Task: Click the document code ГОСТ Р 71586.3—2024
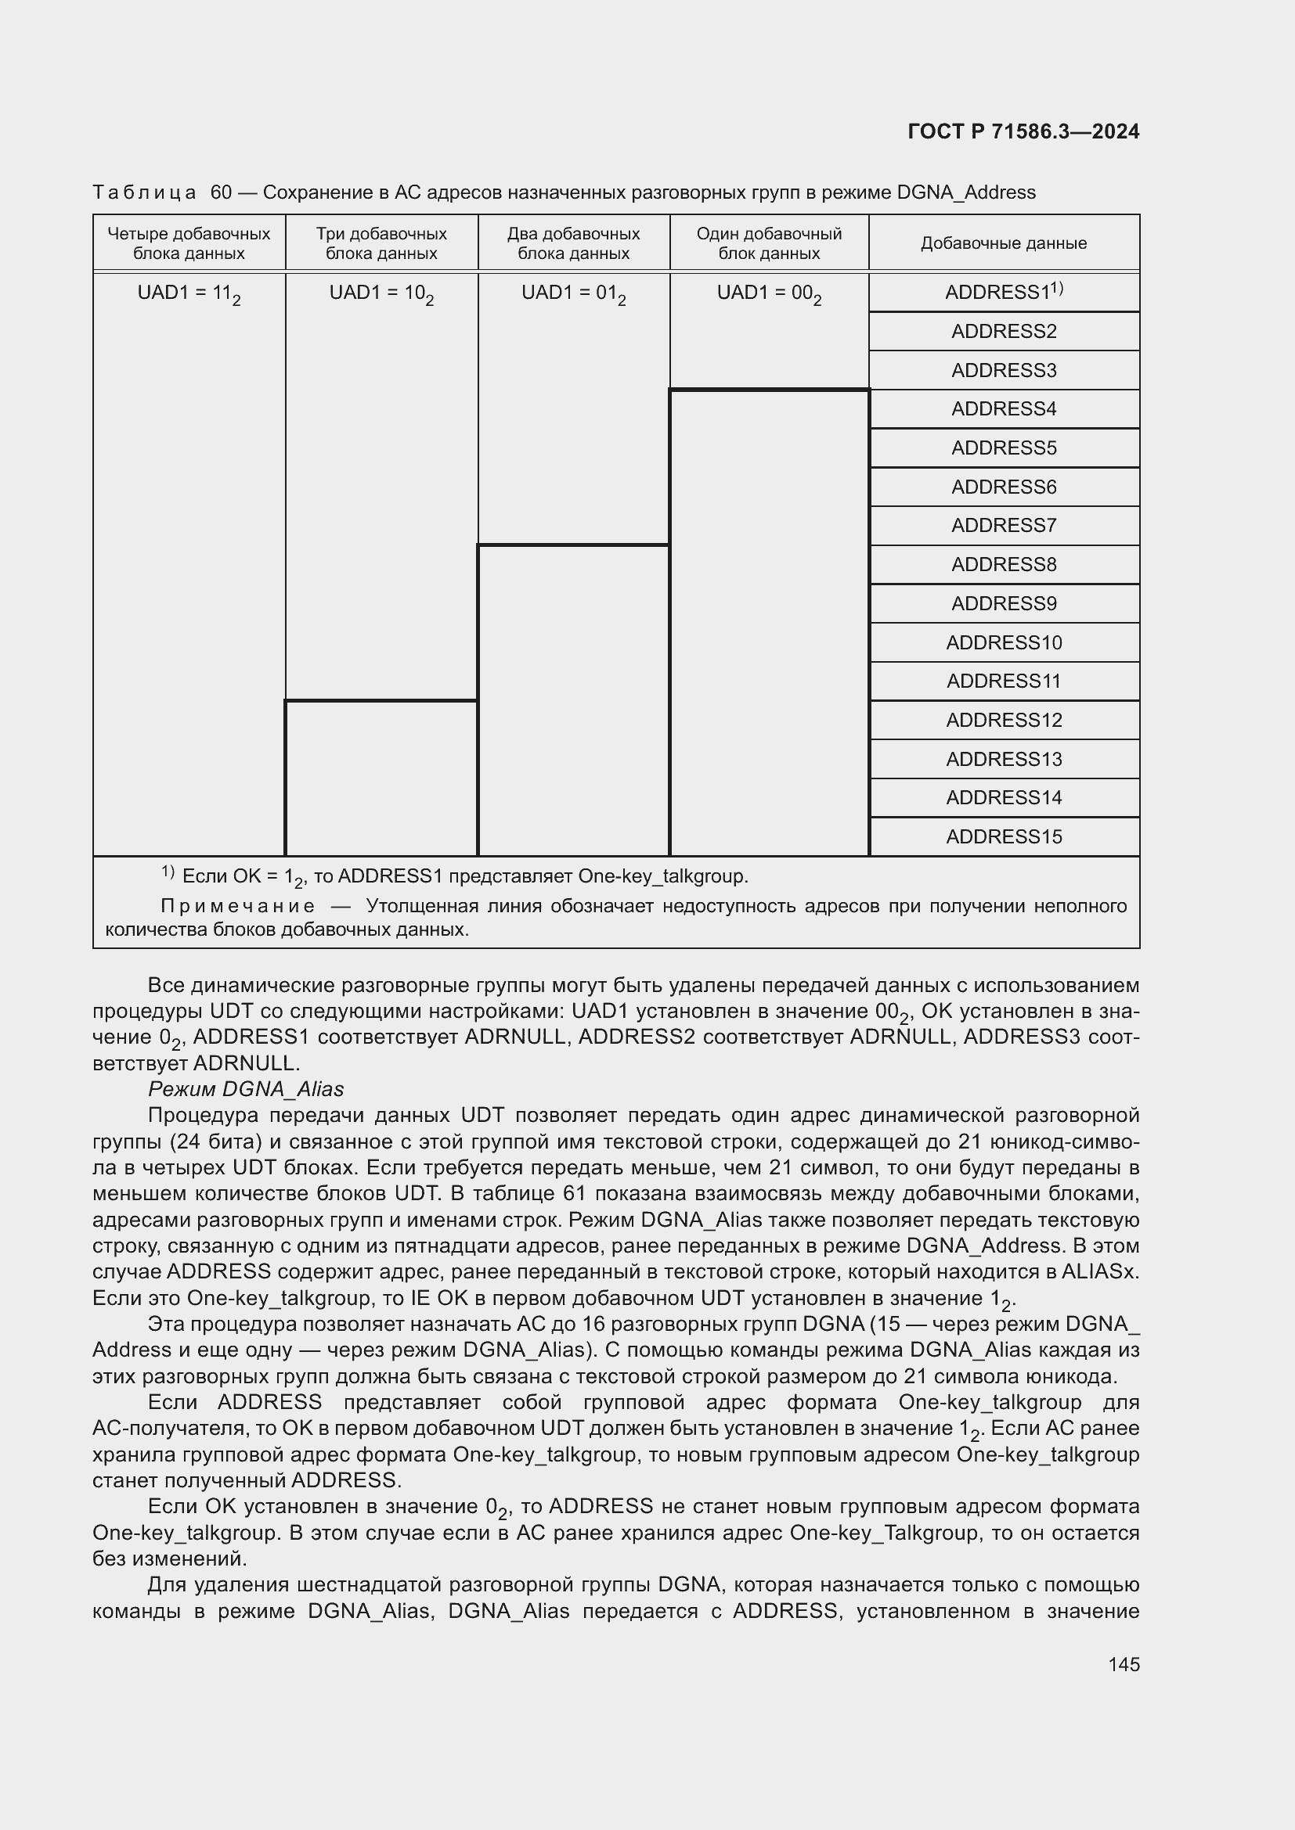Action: tap(1023, 131)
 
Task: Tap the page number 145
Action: tap(1123, 1664)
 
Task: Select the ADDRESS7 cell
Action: tap(1003, 525)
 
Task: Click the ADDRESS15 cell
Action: tap(1003, 836)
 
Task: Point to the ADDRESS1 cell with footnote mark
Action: tap(1003, 292)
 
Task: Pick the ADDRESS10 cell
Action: tap(1003, 642)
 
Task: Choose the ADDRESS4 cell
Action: tap(1003, 409)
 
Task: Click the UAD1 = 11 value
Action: tap(189, 293)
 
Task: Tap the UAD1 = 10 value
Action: tap(381, 293)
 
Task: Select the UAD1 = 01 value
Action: tap(573, 293)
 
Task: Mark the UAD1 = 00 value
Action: tap(769, 293)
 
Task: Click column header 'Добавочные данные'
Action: tap(1003, 243)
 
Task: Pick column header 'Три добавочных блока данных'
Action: tap(381, 243)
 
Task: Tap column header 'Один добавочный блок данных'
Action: tap(769, 243)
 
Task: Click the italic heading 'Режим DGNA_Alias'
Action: tap(246, 1089)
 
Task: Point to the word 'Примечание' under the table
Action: tap(238, 906)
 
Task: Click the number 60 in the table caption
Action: tap(221, 192)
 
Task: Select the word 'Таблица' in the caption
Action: tap(144, 192)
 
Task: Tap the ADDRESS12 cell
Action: tap(1003, 720)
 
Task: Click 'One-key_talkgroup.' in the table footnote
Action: tap(662, 876)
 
